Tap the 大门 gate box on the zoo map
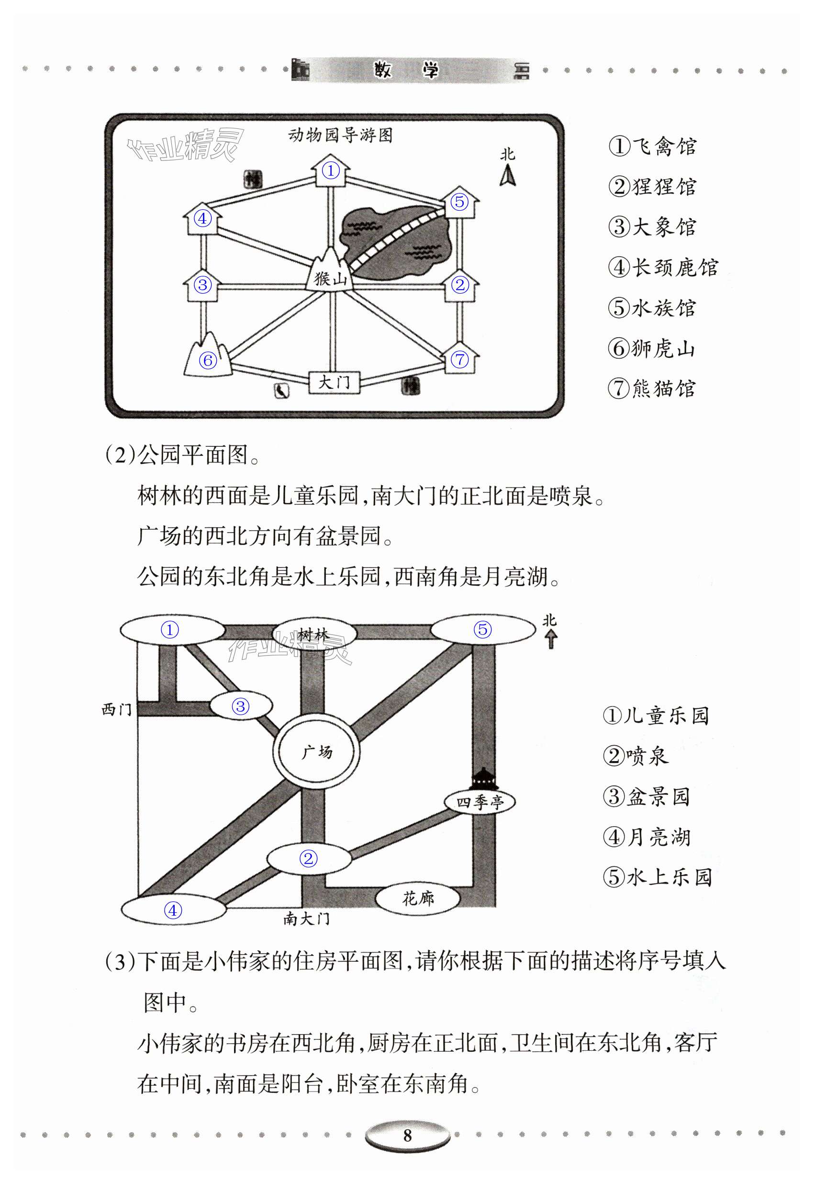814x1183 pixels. click(x=334, y=382)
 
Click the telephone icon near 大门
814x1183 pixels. click(x=281, y=391)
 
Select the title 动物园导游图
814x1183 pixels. click(x=340, y=136)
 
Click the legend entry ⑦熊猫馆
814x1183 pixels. click(x=651, y=388)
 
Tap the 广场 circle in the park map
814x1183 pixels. click(x=316, y=752)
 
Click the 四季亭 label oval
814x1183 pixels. click(x=479, y=802)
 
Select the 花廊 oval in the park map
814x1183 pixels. click(x=418, y=898)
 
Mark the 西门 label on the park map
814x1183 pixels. click(x=117, y=709)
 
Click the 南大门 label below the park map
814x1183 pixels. click(x=307, y=919)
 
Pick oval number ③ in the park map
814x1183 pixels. click(x=241, y=706)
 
